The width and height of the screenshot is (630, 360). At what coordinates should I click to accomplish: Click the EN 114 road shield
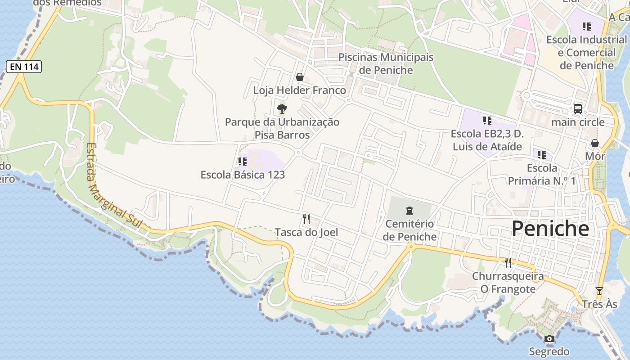coord(24,67)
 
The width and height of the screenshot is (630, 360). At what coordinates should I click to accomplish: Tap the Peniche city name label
coord(550,229)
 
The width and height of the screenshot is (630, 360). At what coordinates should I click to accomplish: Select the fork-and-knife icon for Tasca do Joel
coord(306,219)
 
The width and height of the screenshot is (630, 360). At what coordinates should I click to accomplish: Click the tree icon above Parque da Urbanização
coord(282,108)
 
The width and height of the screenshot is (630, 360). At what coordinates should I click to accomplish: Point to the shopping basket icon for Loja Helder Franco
coord(300,77)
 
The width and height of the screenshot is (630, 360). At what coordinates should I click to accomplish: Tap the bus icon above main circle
coord(578,109)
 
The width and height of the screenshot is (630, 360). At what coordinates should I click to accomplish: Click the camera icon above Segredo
coord(549,339)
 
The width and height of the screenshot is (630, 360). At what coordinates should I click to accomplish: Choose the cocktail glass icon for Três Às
coord(599,291)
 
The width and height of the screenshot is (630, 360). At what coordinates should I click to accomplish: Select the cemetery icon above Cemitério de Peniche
coord(409,211)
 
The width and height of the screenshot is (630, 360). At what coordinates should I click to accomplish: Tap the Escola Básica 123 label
coord(243,175)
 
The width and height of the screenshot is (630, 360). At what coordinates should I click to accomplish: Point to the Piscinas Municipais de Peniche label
coord(386,63)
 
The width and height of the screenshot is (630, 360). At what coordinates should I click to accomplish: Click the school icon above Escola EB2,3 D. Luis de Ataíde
coord(487,121)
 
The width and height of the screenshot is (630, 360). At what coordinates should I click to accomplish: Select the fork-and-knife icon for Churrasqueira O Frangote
coord(508,262)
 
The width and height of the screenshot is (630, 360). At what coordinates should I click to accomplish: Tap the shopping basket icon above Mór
coord(595,143)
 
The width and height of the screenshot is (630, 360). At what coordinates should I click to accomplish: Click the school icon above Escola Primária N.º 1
coord(542,155)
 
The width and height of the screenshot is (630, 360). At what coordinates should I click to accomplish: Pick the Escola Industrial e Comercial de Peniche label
coord(586,53)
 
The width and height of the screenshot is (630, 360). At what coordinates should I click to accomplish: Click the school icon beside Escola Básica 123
coord(243,161)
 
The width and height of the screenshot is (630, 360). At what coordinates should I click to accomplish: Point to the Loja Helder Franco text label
coord(300,90)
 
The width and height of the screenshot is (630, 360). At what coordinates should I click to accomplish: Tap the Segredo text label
coord(549,351)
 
